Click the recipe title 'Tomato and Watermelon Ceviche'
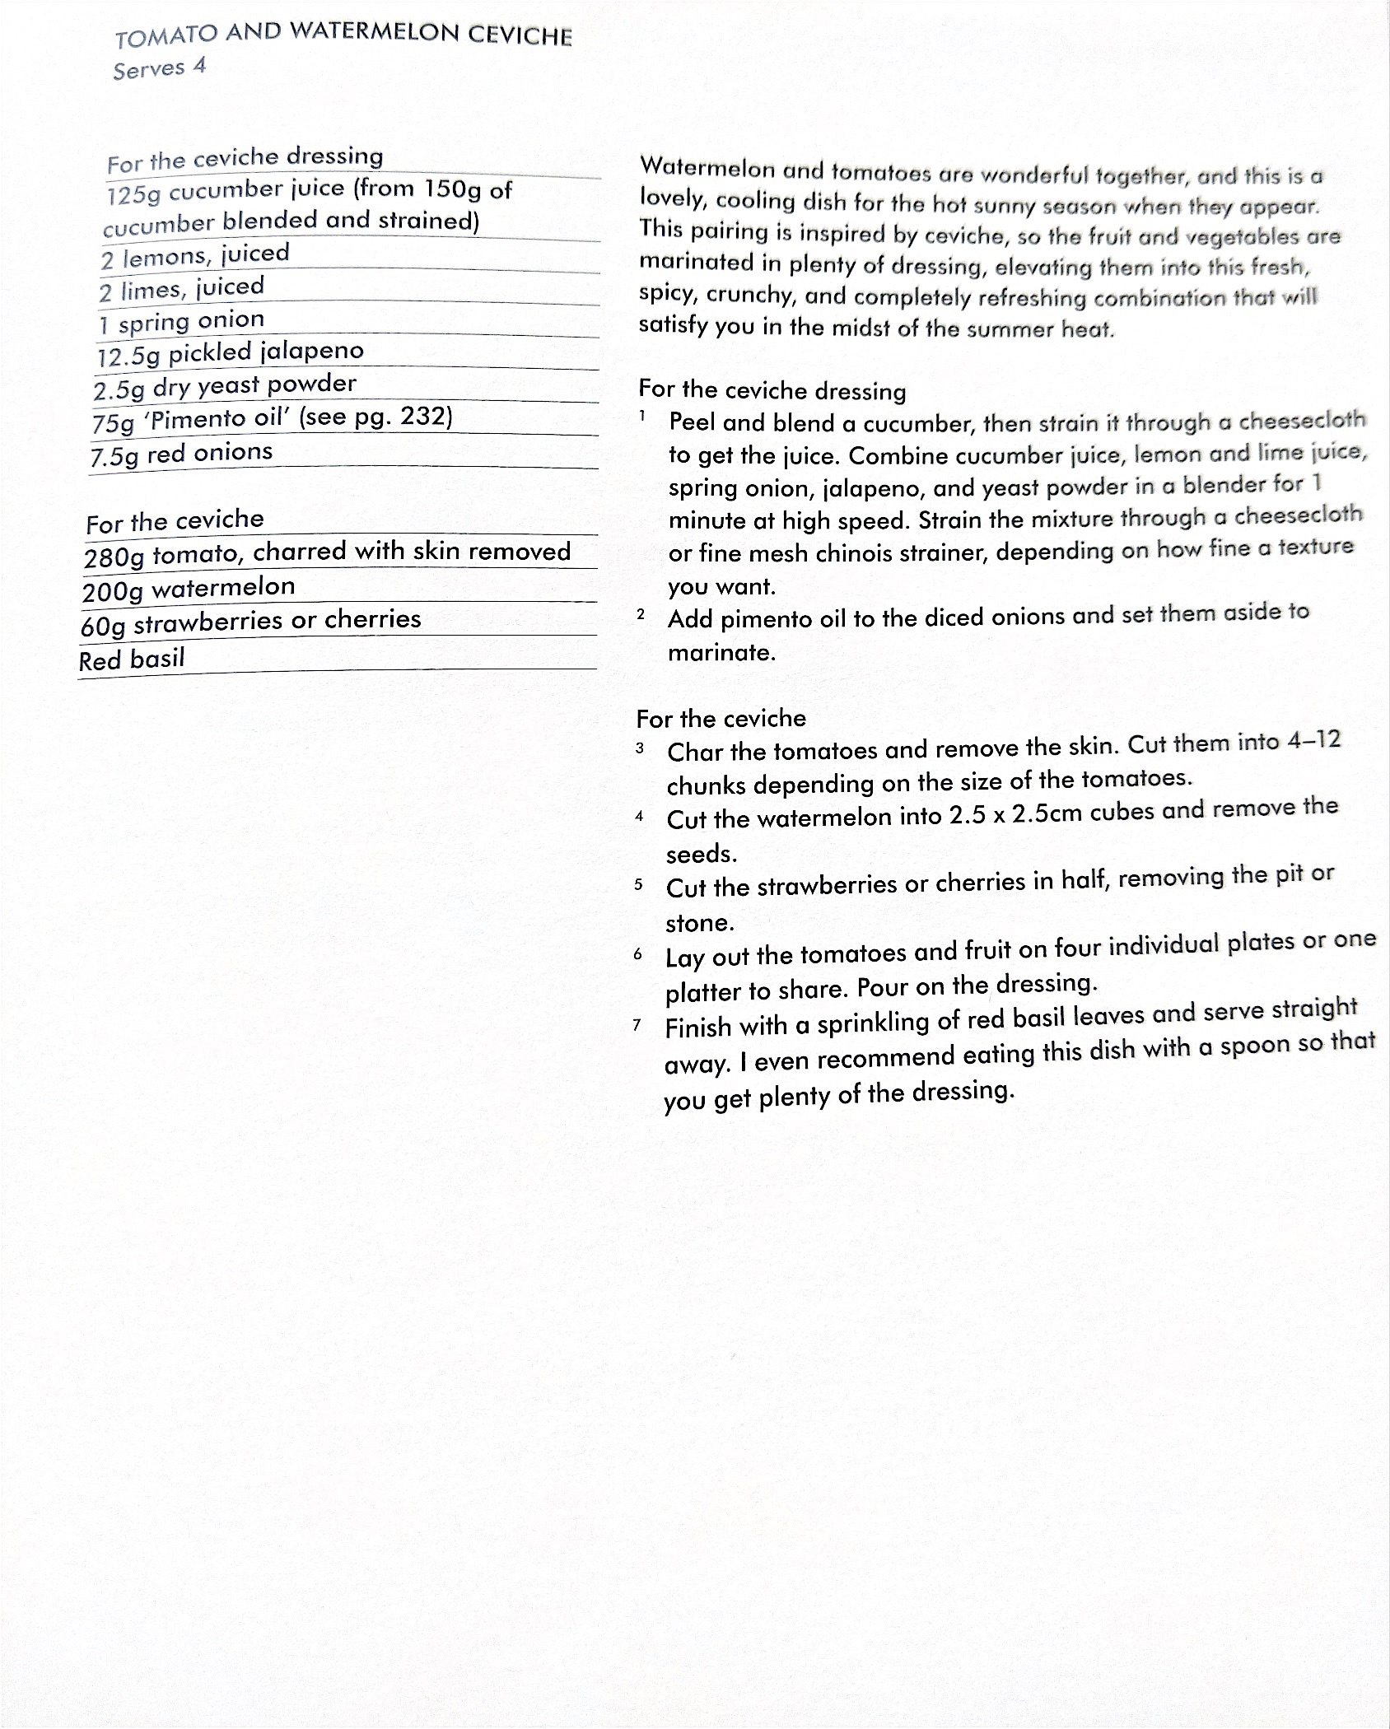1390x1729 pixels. (x=343, y=35)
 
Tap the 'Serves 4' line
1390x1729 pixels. (x=160, y=68)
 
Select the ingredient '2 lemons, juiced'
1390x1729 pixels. (x=195, y=256)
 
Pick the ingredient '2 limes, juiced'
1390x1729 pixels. (x=182, y=289)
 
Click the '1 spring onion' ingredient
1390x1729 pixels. (x=181, y=322)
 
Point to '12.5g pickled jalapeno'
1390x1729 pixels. (x=230, y=353)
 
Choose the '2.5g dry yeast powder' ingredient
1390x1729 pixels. (x=225, y=385)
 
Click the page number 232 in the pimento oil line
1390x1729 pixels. (x=423, y=417)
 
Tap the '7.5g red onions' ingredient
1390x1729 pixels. (x=181, y=454)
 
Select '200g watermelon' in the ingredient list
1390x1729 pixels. (x=189, y=589)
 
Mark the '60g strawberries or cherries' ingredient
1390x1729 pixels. (x=250, y=622)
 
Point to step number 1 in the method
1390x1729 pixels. (x=641, y=417)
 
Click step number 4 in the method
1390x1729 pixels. (x=639, y=817)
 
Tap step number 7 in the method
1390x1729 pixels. (x=637, y=1025)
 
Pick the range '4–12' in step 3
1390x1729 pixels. (x=1314, y=741)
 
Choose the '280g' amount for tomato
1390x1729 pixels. (x=114, y=557)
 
